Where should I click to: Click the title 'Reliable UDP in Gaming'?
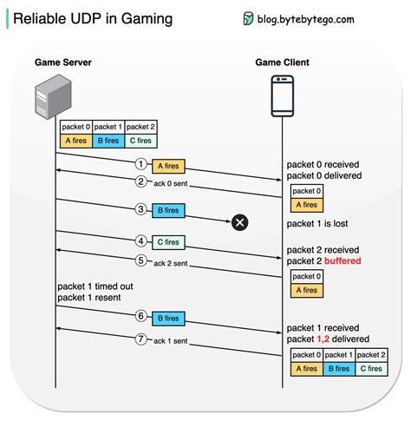click(x=92, y=18)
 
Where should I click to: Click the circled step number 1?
click(x=140, y=164)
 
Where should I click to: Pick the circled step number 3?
click(x=140, y=209)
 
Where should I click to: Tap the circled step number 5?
click(x=140, y=259)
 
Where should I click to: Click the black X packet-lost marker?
click(x=240, y=223)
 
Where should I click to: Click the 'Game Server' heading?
click(x=63, y=62)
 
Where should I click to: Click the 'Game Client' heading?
click(x=282, y=62)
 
